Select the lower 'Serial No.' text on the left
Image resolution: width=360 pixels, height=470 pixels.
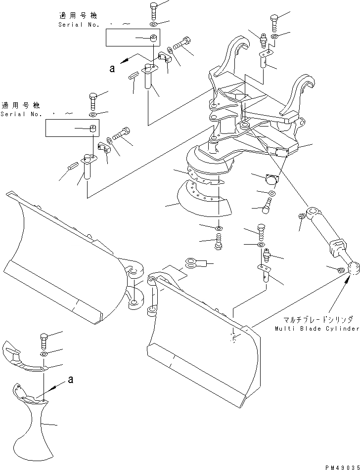(x=19, y=114)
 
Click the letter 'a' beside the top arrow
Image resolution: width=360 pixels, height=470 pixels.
(x=112, y=69)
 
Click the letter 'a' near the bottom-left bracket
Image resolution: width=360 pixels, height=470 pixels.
(x=71, y=380)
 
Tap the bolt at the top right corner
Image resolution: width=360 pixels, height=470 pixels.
(x=275, y=21)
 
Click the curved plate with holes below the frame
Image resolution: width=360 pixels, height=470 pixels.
(x=203, y=198)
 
